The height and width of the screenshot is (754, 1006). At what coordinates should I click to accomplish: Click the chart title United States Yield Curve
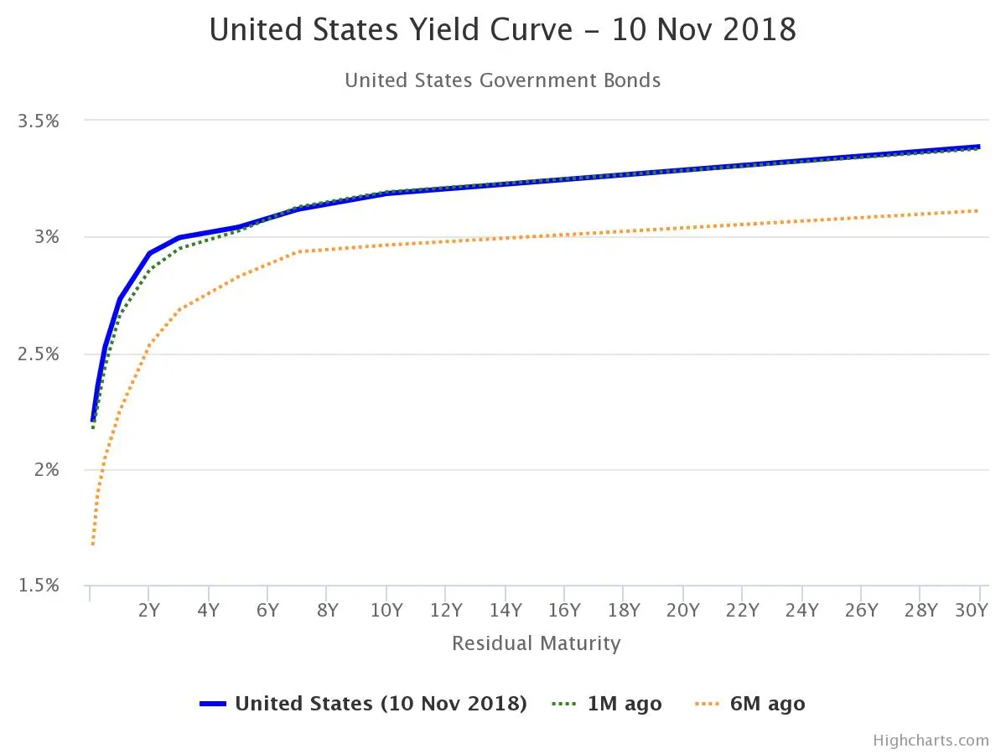[502, 30]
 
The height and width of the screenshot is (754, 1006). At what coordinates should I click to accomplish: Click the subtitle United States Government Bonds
[502, 80]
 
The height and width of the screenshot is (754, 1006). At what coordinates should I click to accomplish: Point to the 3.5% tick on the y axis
[39, 121]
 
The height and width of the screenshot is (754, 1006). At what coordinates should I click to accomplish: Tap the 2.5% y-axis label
[39, 354]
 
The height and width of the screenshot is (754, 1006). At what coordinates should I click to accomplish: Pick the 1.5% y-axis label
[39, 586]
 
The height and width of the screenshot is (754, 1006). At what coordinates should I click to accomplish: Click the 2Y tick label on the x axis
[148, 611]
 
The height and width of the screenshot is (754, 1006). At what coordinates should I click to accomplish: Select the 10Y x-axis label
[386, 611]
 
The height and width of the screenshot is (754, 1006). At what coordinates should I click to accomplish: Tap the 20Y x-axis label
[682, 611]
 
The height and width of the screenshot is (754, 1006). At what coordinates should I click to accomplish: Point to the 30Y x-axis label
[972, 611]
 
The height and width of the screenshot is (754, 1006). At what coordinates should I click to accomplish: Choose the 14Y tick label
[505, 611]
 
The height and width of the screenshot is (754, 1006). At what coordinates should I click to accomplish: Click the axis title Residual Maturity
[536, 643]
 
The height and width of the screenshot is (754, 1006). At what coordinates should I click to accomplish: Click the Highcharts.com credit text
[931, 741]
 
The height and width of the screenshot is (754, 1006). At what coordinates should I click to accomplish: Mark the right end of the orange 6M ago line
[978, 210]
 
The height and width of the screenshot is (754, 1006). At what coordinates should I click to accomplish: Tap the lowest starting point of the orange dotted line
[92, 545]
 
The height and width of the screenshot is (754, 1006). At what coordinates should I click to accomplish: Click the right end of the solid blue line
[978, 147]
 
